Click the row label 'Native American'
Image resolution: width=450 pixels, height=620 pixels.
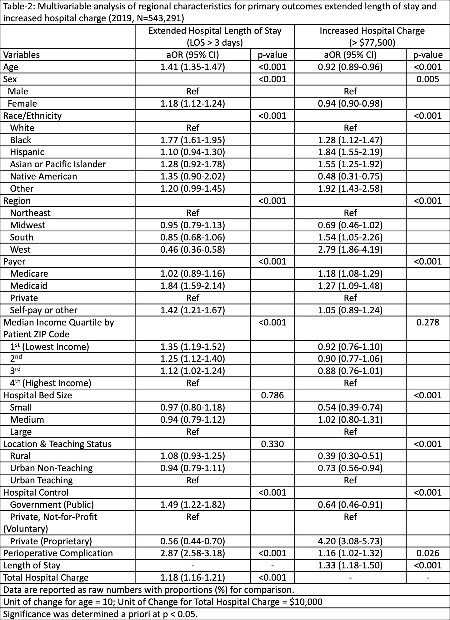click(43, 176)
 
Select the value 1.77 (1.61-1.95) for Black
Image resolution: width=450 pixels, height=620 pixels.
click(192, 140)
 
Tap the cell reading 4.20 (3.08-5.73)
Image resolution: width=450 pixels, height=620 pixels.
click(350, 541)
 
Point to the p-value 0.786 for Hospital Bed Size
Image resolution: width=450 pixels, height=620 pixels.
click(272, 395)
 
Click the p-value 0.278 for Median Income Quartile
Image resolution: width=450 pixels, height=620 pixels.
click(428, 322)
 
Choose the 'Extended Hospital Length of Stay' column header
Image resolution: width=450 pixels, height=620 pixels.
click(215, 36)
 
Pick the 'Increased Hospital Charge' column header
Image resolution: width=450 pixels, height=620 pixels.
click(372, 36)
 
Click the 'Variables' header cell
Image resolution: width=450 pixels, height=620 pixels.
click(22, 55)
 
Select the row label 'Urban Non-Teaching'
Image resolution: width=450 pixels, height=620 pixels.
click(52, 468)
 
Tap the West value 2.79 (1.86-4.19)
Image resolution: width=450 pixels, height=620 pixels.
click(350, 250)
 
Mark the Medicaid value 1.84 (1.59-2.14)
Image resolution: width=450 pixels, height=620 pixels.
click(192, 286)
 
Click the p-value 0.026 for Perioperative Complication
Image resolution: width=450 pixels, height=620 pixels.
click(428, 553)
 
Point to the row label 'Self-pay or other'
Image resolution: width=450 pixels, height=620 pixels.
click(44, 310)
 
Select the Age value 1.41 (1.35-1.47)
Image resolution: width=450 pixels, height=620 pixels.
click(192, 67)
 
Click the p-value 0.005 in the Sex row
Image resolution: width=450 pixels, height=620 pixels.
click(428, 79)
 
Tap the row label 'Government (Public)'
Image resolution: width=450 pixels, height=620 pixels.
click(52, 505)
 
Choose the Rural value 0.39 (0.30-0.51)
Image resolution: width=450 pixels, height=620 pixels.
click(350, 456)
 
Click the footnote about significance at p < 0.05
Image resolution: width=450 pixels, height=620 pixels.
click(100, 614)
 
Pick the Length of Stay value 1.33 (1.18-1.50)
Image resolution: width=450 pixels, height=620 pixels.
click(350, 565)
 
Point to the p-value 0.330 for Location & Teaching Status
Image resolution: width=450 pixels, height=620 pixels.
click(272, 444)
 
